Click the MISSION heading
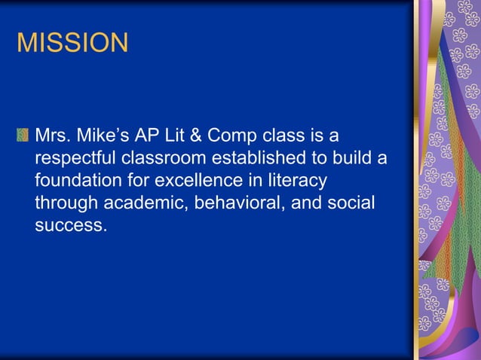tap(72, 42)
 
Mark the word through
tap(64, 203)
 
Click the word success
tap(67, 225)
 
